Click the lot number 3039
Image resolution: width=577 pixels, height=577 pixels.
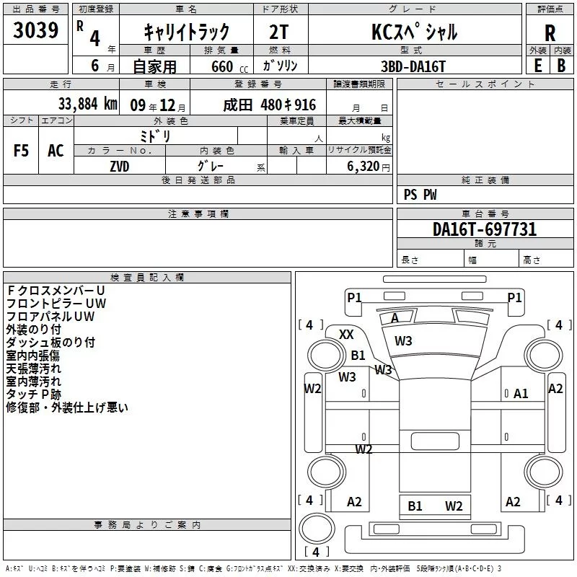[35, 30]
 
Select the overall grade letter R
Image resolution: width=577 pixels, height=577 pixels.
[550, 33]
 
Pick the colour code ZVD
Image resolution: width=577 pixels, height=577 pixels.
[120, 165]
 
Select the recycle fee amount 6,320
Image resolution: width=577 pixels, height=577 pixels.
[358, 165]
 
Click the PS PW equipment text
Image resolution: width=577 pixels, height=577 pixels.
[420, 195]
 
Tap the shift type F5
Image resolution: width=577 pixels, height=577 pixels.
[21, 151]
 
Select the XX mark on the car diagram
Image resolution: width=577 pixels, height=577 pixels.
[346, 335]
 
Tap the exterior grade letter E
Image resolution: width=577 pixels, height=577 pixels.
[537, 65]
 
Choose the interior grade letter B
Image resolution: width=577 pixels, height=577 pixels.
[561, 65]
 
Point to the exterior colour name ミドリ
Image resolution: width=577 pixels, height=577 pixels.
[154, 135]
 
